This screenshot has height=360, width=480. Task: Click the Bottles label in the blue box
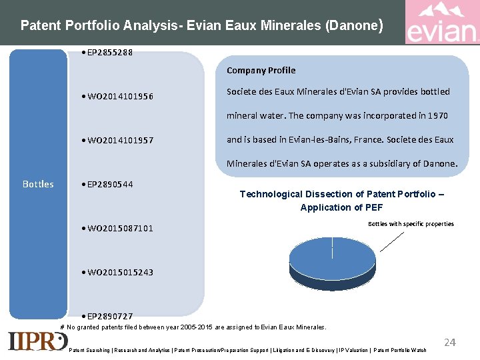pos(38,184)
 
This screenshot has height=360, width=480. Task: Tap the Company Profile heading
pos(261,70)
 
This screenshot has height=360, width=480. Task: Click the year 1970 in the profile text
pos(437,116)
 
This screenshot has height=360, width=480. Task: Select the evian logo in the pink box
pos(441,23)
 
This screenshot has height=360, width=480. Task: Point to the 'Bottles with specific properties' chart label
pos(411,224)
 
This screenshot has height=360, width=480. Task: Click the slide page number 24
pos(450,343)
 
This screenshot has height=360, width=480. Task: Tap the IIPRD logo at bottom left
pos(37,341)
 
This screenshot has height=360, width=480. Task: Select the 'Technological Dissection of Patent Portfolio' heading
pos(341,201)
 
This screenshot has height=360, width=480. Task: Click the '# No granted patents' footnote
pos(193,327)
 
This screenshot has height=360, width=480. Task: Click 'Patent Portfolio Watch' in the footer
pos(400,350)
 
